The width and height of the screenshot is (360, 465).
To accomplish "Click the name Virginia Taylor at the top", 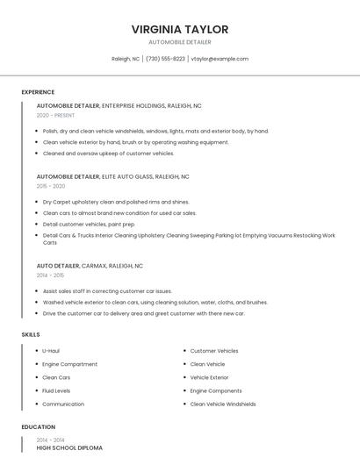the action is [x=179, y=29].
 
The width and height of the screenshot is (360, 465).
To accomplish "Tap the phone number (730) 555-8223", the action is [x=165, y=59].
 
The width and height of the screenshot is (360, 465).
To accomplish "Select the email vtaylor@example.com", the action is [x=220, y=59].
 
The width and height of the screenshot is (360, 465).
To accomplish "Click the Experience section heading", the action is [x=38, y=92].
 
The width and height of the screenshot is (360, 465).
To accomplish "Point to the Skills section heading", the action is [x=31, y=334].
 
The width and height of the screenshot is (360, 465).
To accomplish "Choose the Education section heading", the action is [x=38, y=427].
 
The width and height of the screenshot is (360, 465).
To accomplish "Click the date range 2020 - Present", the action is [x=55, y=115].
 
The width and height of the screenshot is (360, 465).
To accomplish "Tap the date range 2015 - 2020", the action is [x=51, y=186].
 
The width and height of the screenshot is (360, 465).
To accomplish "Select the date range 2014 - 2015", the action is [x=50, y=275].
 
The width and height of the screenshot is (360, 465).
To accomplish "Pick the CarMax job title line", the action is [x=90, y=265].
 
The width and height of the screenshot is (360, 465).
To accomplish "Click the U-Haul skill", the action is [x=51, y=351].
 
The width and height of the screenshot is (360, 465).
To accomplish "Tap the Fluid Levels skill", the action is [x=56, y=390].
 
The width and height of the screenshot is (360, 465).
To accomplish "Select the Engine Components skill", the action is [x=216, y=390].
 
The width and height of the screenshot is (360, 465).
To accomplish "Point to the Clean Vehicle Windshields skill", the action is [x=223, y=404].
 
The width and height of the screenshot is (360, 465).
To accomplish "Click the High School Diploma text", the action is [x=69, y=447].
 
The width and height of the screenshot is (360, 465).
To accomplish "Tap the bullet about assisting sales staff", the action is [x=107, y=290].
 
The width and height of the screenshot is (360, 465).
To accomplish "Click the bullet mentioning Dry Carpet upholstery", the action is [x=116, y=202].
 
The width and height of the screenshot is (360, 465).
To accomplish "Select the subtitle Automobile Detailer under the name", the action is [x=179, y=42].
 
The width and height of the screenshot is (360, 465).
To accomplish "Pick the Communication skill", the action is [x=63, y=404].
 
